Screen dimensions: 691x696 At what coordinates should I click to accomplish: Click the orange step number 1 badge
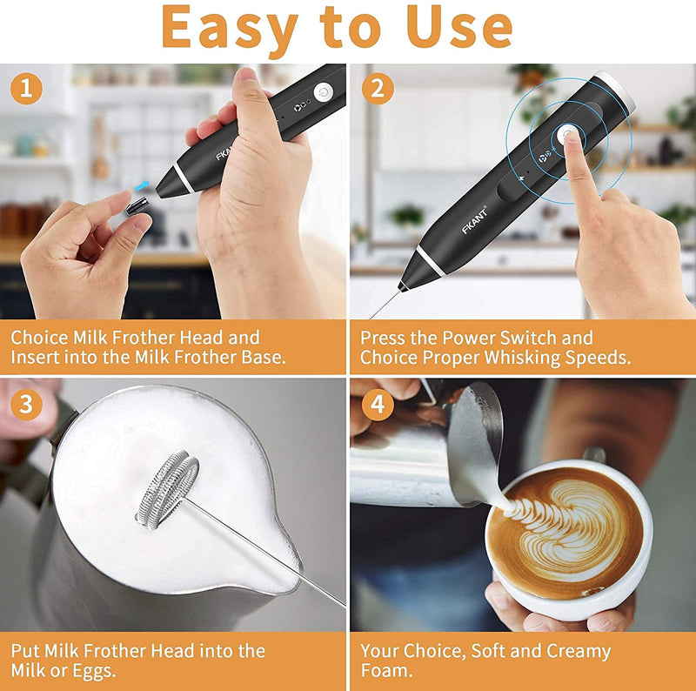26,88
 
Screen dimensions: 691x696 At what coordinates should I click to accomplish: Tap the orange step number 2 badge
378,88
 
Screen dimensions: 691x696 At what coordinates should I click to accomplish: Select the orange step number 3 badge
26,404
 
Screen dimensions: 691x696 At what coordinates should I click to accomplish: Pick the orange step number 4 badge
378,404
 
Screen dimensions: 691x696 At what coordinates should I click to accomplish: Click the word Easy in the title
230,28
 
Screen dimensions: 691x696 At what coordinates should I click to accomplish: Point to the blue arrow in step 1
142,185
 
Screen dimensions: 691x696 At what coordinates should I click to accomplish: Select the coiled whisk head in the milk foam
167,489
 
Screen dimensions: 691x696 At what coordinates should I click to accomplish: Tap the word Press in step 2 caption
384,337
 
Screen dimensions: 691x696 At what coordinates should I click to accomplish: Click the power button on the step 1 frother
324,92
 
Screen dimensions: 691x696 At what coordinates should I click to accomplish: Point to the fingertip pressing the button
570,141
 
